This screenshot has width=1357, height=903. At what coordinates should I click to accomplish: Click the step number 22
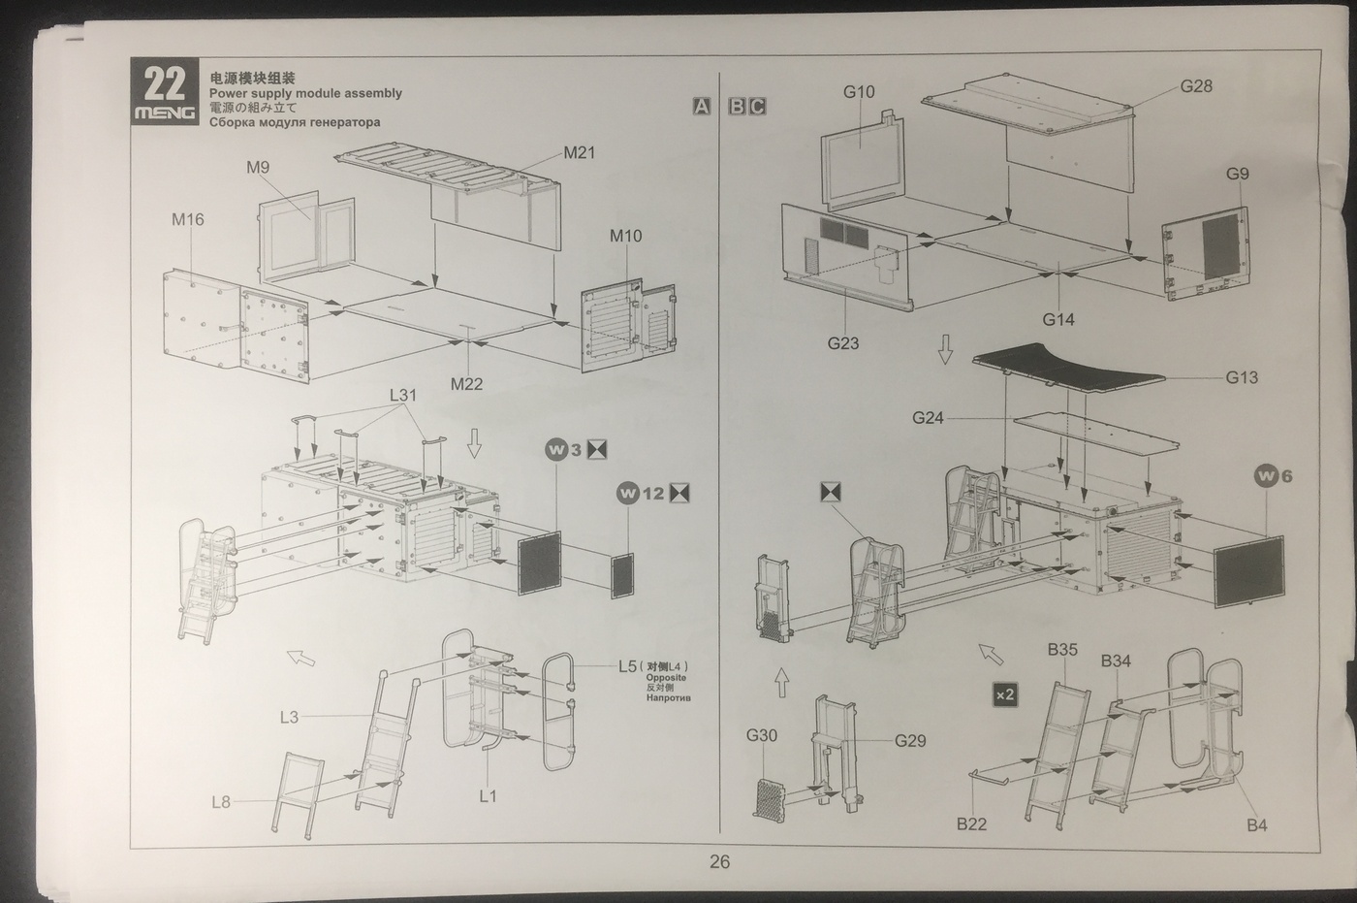tap(164, 84)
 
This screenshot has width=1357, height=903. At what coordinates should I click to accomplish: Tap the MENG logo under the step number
tap(164, 113)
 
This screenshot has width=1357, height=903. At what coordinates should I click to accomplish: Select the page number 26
tap(719, 861)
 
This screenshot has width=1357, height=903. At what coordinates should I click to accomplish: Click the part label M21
tap(579, 152)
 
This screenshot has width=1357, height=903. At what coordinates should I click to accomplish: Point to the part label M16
tap(188, 219)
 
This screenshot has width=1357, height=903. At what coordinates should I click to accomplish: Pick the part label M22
tap(466, 384)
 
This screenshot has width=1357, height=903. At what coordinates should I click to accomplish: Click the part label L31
tap(402, 395)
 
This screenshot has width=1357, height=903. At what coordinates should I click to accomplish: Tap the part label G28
tap(1196, 86)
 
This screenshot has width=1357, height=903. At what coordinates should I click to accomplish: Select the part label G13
tap(1242, 377)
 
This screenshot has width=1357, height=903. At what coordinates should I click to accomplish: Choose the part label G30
tap(761, 735)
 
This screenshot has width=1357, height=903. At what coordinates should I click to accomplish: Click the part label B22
tap(971, 823)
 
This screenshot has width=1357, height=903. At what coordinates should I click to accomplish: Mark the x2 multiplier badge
tap(1005, 694)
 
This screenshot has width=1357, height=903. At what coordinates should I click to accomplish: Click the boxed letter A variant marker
tap(702, 107)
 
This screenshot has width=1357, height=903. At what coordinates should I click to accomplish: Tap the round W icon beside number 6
tap(1266, 475)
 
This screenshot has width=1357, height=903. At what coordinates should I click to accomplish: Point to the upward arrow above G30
tap(782, 684)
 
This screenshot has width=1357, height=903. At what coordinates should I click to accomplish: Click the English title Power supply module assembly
tap(305, 93)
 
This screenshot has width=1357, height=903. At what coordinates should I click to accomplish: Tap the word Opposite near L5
tap(666, 677)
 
